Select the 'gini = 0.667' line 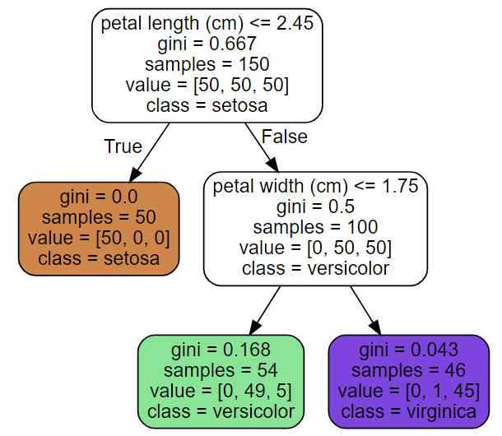coord(207,44)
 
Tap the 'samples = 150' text coord(207,64)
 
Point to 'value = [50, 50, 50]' coord(207,85)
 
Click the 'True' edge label coord(123,146)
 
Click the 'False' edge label coord(284,136)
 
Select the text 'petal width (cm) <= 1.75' coord(316,186)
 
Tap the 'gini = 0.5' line coord(316,206)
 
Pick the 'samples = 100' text coord(316,227)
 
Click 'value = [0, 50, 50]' coord(316,248)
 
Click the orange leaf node coord(99,228)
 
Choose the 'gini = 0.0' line coord(99,197)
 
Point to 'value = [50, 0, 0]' coord(99,239)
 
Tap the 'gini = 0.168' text coord(221,348)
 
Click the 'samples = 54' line coord(221,369)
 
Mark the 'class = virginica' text coord(409,410)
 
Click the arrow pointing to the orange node coord(148,152)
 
